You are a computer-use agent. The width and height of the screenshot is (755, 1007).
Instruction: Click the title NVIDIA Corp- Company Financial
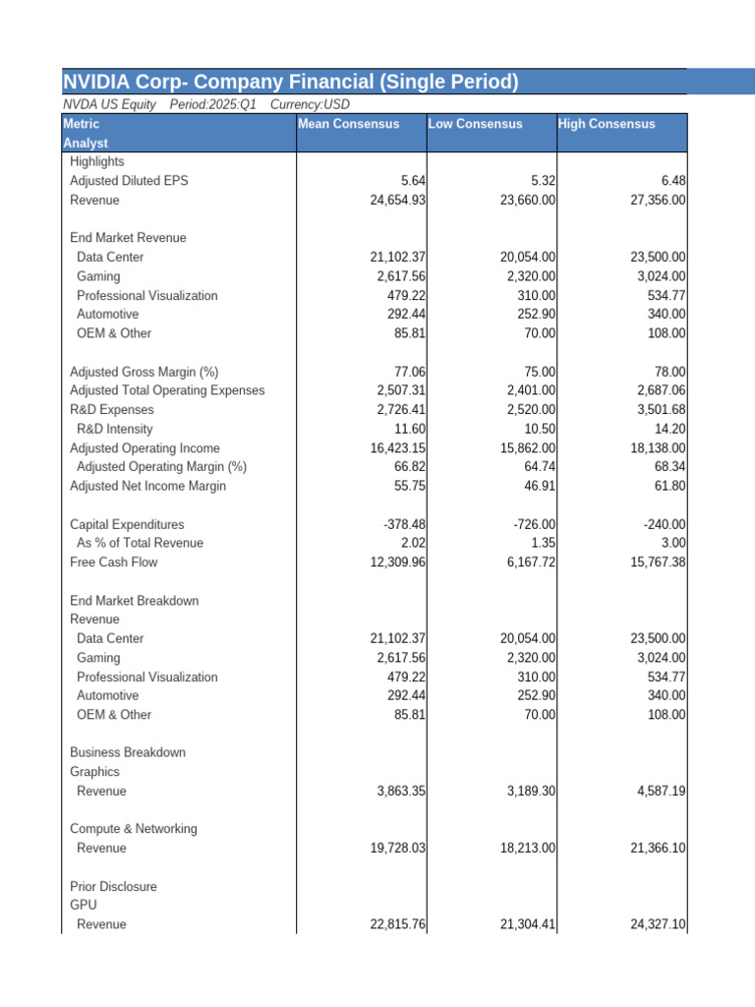(290, 82)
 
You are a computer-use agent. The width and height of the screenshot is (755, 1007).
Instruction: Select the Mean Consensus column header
(349, 124)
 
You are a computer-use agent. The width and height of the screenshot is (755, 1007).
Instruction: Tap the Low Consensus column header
(475, 124)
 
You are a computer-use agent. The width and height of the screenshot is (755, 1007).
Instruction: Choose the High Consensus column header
(606, 124)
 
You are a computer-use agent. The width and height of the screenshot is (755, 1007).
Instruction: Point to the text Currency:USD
(310, 104)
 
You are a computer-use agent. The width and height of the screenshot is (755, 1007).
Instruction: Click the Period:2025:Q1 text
(212, 104)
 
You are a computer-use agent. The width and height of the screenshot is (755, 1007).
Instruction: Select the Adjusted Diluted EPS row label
(129, 181)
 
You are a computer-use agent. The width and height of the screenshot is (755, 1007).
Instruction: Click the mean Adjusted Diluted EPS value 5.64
(413, 181)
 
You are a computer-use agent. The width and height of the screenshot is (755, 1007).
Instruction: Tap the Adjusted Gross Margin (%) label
(144, 372)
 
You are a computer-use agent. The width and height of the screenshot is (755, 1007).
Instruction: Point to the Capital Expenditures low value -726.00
(533, 524)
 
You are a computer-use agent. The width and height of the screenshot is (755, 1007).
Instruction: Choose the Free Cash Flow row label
(113, 563)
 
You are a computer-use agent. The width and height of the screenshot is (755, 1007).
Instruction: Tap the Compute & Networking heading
(133, 829)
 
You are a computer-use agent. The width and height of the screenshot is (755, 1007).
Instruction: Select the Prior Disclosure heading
(113, 886)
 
